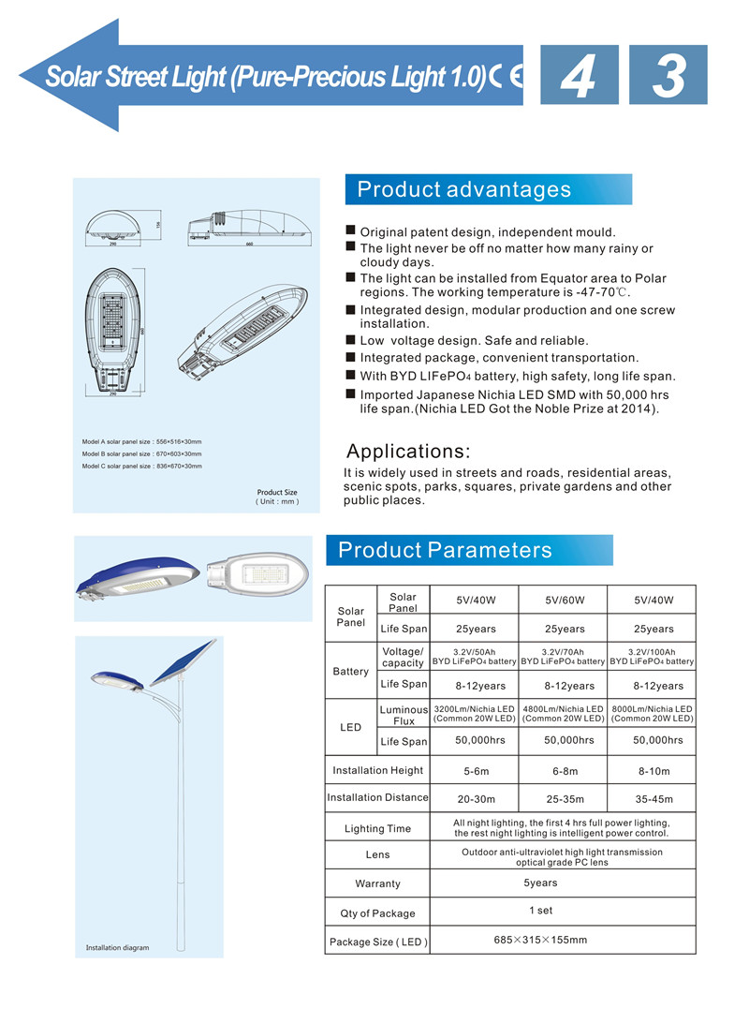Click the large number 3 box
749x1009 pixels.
click(668, 75)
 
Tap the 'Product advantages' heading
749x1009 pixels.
click(464, 189)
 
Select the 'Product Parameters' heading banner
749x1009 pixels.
click(446, 550)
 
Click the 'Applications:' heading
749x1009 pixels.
click(409, 451)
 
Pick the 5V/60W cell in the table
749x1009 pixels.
click(564, 601)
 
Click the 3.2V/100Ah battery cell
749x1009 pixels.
click(652, 657)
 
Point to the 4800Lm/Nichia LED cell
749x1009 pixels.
click(564, 714)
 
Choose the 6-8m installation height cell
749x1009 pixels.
click(564, 771)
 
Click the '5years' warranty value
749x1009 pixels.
click(540, 883)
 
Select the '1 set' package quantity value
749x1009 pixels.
click(540, 911)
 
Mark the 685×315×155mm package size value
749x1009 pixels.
click(540, 940)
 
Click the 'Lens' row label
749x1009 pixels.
click(377, 854)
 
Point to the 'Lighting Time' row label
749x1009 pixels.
click(377, 828)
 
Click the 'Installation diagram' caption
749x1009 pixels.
click(117, 948)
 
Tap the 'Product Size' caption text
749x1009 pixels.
click(277, 493)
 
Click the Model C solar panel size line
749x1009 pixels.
click(141, 466)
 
